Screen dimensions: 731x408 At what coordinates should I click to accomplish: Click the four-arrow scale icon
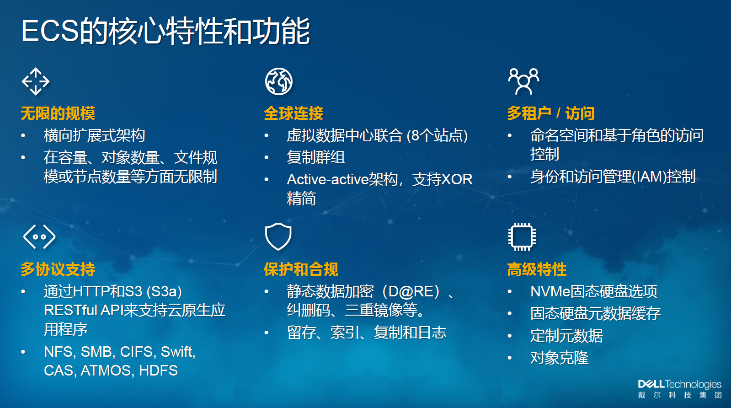36,81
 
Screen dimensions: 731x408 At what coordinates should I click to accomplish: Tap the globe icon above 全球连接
279,81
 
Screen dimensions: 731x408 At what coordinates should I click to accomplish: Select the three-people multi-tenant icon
524,81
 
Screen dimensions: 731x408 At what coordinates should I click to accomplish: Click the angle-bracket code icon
39,236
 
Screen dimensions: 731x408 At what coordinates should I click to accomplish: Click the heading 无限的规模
58,113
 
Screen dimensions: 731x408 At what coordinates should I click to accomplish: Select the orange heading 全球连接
293,113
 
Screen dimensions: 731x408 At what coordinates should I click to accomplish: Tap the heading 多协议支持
58,269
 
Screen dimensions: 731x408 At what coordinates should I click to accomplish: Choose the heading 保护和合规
301,269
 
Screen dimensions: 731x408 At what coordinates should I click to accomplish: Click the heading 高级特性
537,269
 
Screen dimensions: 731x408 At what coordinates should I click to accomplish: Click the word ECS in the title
51,31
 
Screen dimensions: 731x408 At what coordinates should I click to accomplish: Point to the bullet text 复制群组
316,157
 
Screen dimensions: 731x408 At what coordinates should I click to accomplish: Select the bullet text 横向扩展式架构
94,135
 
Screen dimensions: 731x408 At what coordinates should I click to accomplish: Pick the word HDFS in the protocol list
158,370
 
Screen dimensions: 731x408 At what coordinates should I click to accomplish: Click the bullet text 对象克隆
560,358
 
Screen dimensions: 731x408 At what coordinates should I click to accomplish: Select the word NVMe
550,291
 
